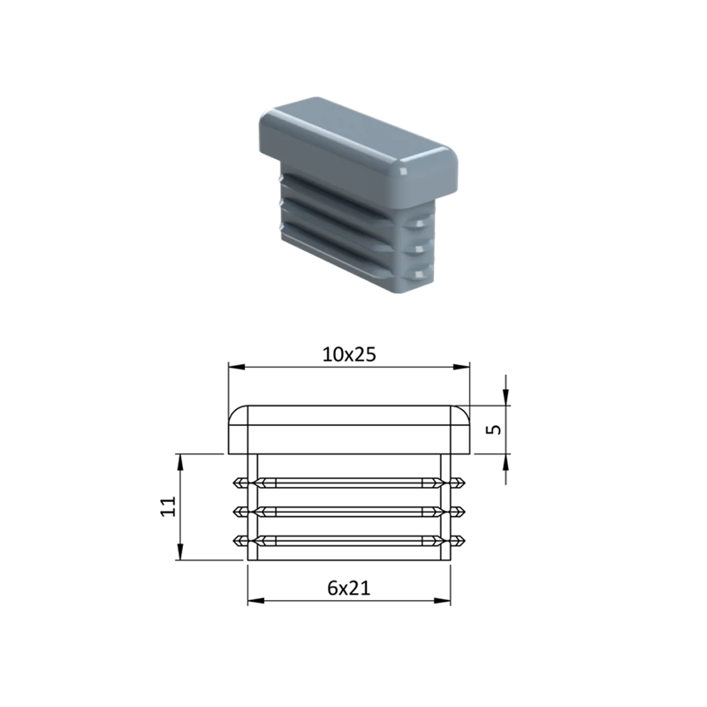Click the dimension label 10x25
349,354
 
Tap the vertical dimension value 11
167,506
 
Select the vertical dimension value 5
495,430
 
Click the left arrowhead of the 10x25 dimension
234,366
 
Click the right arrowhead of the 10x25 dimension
463,366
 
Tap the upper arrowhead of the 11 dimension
179,461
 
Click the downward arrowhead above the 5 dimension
506,398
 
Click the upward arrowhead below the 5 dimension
506,461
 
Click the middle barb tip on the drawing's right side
464,512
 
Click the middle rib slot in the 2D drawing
349,512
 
